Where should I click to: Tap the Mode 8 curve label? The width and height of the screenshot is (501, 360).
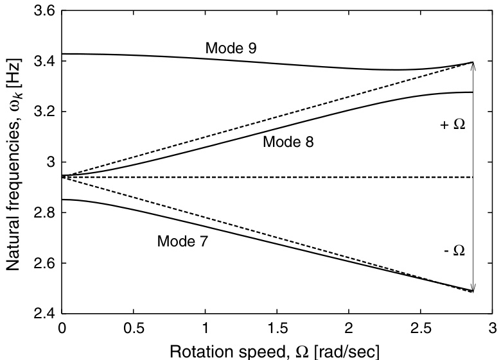point(288,142)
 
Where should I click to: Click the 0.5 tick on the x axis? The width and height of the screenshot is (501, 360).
point(134,329)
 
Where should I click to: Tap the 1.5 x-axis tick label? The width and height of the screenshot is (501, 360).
point(277,329)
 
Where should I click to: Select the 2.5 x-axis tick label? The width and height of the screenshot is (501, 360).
point(420,329)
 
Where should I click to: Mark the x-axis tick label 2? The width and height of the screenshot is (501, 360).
point(349,329)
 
